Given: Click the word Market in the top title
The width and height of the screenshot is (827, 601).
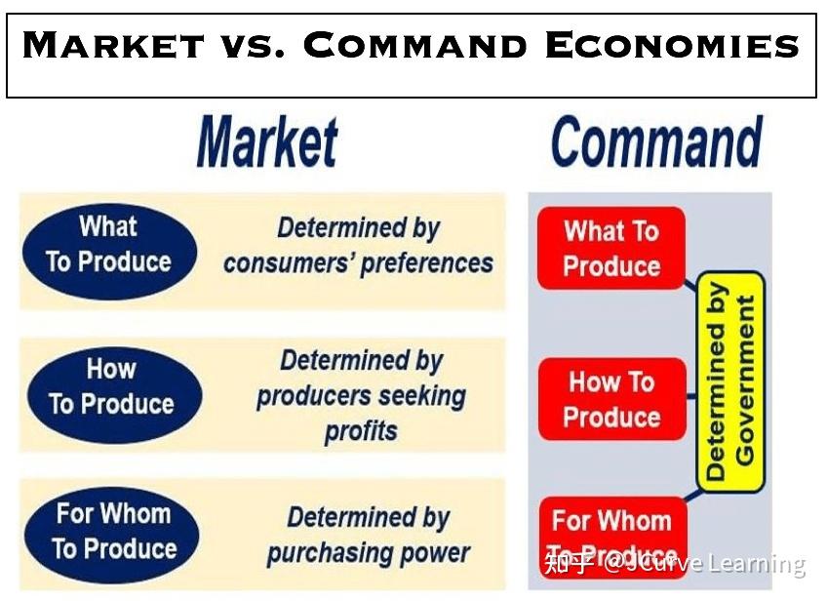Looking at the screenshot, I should point(113,47).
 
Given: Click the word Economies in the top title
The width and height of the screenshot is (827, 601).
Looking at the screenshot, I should point(672,47).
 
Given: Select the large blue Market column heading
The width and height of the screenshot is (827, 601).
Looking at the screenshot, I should point(267,142).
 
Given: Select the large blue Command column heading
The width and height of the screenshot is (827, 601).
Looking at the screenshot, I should point(656,142).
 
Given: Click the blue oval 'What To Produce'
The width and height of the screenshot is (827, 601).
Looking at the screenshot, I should point(109,245).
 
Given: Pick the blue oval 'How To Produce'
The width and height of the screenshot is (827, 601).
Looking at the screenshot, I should point(111,387).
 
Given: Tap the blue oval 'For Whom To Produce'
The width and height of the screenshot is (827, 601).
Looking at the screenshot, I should point(111,531).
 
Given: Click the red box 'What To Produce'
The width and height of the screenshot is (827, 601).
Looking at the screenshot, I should point(611,249).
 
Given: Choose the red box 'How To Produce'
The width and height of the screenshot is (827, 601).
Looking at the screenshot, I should point(611,399).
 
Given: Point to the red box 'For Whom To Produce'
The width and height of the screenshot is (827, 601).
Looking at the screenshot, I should point(611,535).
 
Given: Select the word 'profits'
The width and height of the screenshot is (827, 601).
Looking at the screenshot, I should point(361,431).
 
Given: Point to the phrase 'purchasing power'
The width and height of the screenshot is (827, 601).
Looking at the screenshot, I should point(368,553).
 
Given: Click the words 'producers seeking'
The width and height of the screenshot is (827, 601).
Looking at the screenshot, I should point(361,396).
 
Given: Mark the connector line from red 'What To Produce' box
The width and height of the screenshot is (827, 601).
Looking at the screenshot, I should point(692,284).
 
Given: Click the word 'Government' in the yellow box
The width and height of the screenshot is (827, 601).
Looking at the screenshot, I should point(746,381).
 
